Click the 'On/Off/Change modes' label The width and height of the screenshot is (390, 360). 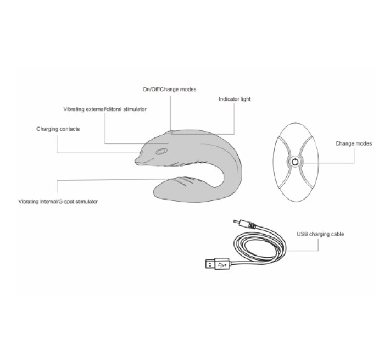click(169, 90)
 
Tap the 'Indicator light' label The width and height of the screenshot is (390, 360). click(235, 99)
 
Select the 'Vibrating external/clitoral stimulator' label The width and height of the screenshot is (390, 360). click(105, 109)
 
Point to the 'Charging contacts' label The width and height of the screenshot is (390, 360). click(58, 129)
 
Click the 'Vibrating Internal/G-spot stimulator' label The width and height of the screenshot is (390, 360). click(58, 202)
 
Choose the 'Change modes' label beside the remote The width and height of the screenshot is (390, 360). click(353, 143)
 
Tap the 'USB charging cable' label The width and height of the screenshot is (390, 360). click(320, 234)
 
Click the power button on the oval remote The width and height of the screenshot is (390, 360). click(295, 162)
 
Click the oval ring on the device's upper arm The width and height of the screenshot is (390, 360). click(161, 151)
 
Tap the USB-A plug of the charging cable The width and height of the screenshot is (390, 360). click(217, 263)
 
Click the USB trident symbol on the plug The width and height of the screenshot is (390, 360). click(221, 264)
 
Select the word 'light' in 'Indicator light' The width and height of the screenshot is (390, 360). click(245, 99)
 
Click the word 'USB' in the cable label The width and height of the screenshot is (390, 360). click(302, 234)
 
